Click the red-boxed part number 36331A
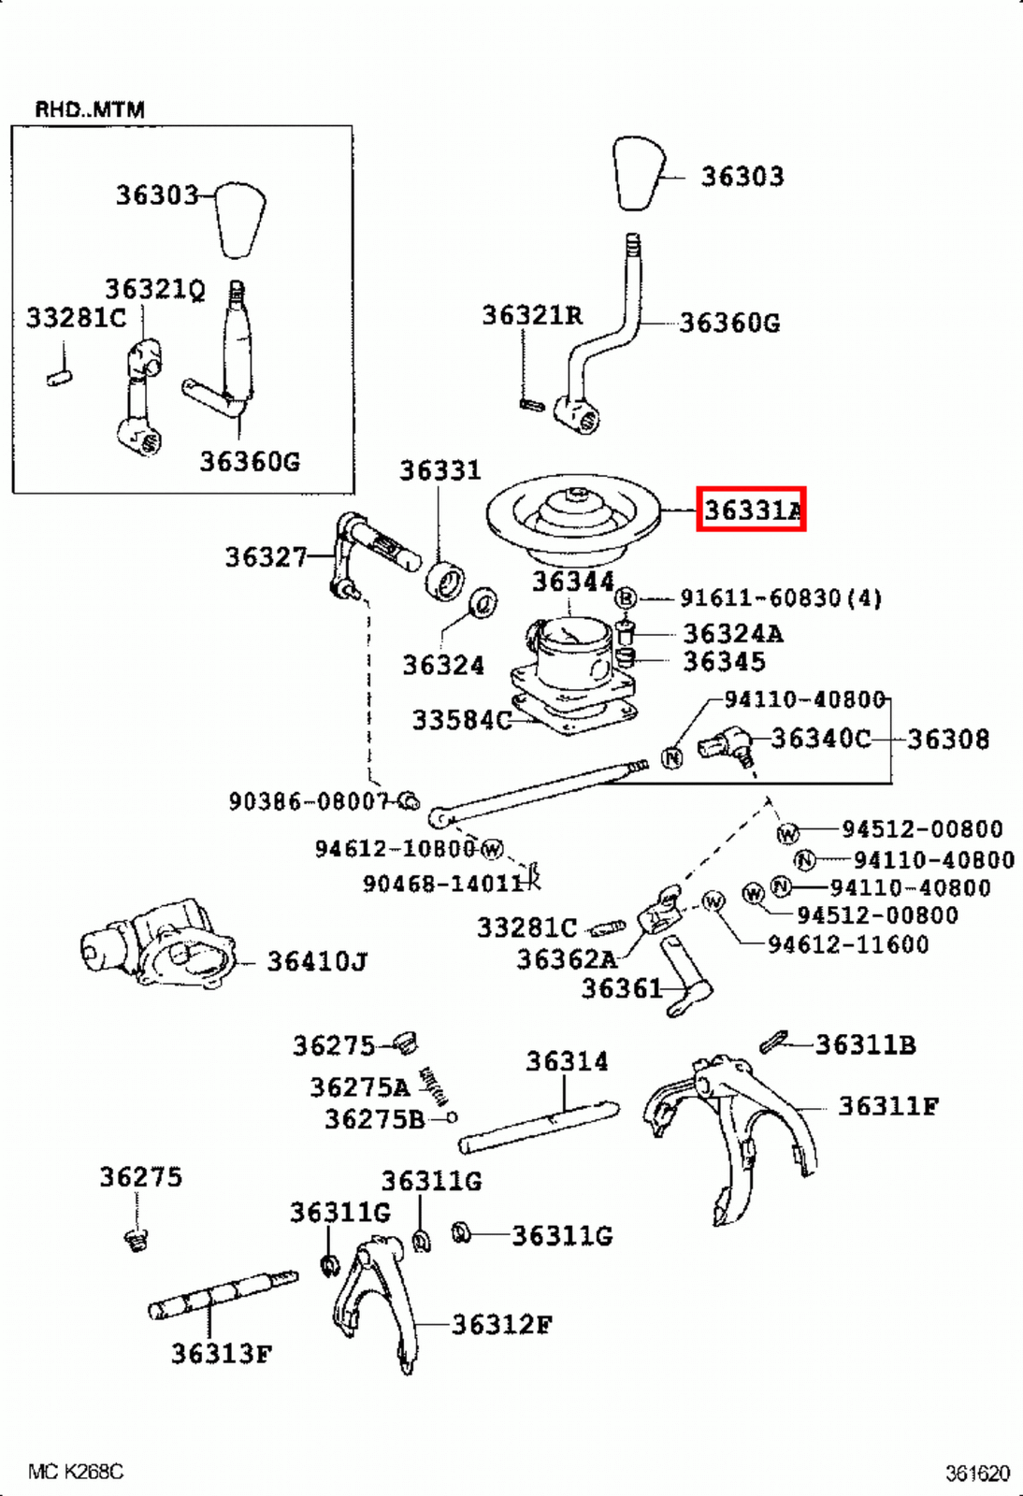(751, 510)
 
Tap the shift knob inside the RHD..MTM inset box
(241, 220)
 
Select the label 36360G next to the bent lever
(729, 323)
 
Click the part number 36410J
(317, 961)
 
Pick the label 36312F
(501, 1324)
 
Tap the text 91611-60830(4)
(780, 597)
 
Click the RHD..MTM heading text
(90, 109)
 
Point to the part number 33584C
(462, 720)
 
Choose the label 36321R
(532, 315)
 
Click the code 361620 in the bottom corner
(977, 1474)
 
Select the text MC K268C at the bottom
(76, 1472)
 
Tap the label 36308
(947, 740)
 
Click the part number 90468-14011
(442, 883)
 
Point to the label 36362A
(567, 959)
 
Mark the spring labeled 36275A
(433, 1086)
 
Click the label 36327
(267, 557)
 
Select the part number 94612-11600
(848, 944)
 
